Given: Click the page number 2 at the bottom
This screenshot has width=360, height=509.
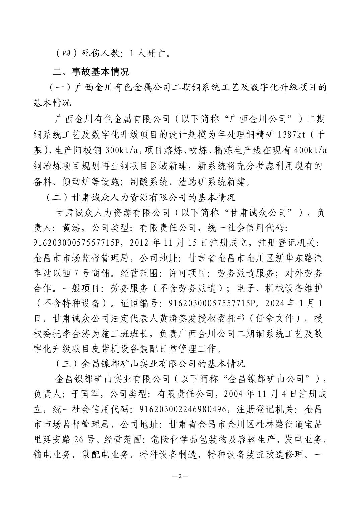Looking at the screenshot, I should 180,476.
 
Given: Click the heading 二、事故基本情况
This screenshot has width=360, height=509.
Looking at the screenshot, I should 91,71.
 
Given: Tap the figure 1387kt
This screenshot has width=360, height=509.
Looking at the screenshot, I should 288,135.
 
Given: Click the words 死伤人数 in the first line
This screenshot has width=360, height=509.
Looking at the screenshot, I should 102,53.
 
